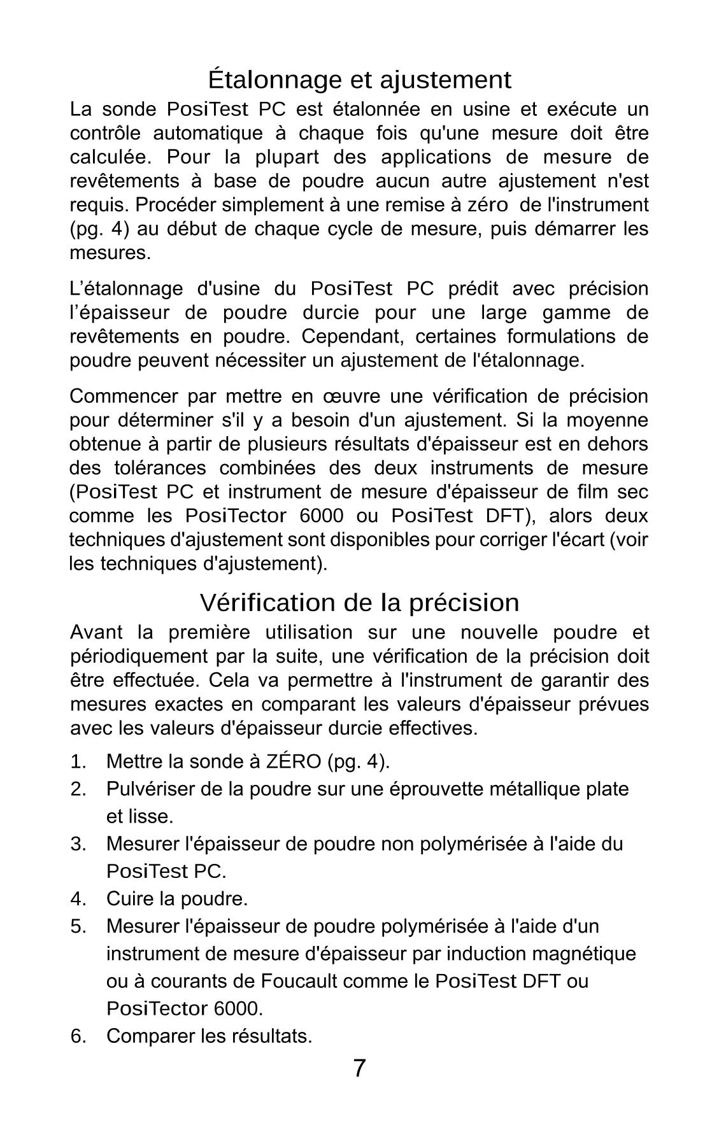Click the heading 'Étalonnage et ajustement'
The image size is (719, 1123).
359,80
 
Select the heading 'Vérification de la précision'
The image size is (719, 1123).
359,602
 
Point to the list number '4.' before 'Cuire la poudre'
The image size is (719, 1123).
78,899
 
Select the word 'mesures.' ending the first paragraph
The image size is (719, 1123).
110,253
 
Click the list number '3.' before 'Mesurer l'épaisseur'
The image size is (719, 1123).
78,844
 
